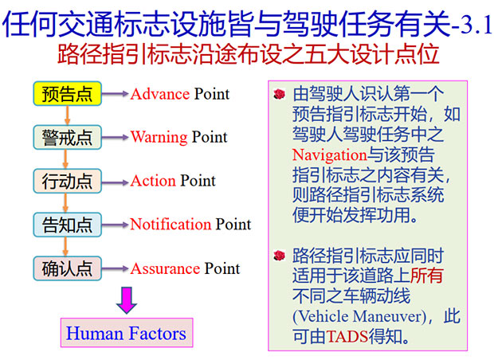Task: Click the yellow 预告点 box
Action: point(68,93)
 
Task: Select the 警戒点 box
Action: point(68,137)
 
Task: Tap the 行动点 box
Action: point(68,181)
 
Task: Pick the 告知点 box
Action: point(68,225)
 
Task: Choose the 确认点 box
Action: point(68,268)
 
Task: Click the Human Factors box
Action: point(127,333)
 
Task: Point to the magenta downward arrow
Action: point(127,299)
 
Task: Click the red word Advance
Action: point(160,94)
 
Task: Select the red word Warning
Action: point(159,137)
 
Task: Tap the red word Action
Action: point(153,181)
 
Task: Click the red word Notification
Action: point(171,225)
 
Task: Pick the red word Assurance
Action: point(166,268)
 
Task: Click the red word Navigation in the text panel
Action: point(330,155)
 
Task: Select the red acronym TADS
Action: point(347,336)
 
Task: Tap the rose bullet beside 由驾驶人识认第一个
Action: point(280,94)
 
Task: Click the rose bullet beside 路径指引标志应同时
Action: point(280,256)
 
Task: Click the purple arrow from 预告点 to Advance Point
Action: point(116,93)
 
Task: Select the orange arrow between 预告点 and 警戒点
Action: point(67,115)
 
